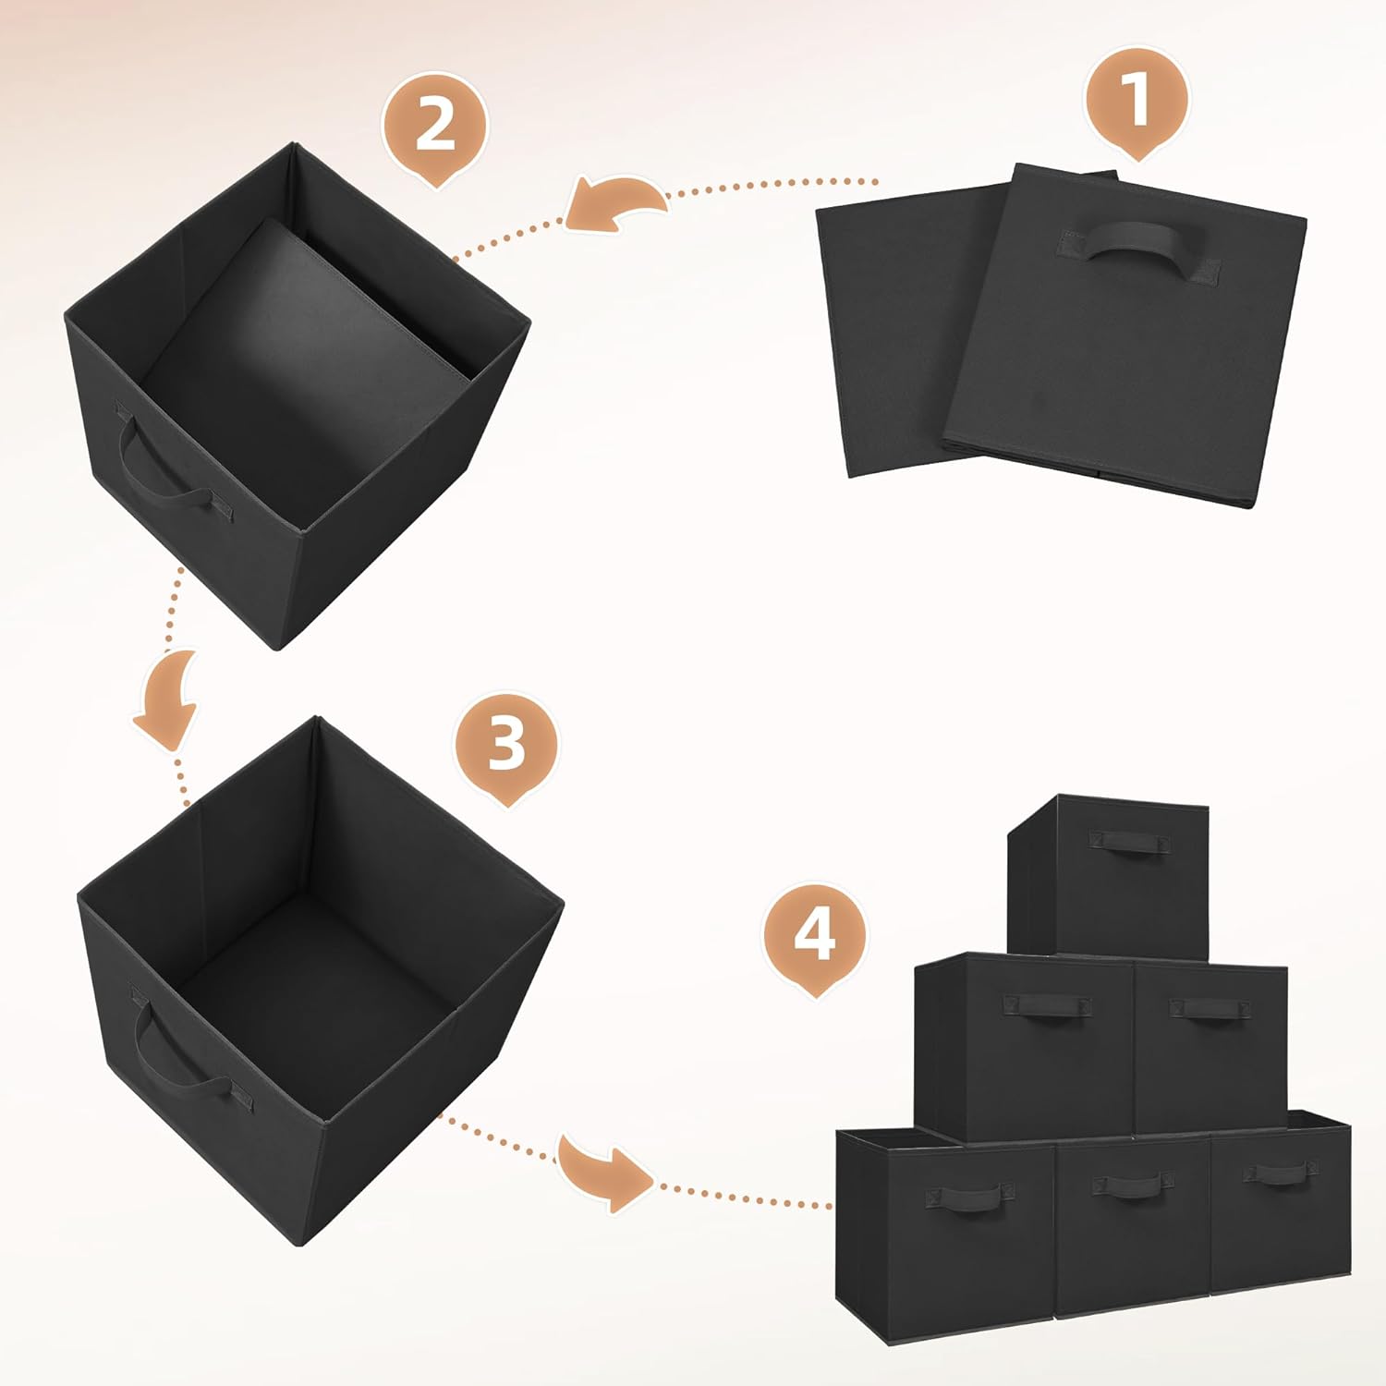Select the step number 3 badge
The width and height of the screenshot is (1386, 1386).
(506, 744)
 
